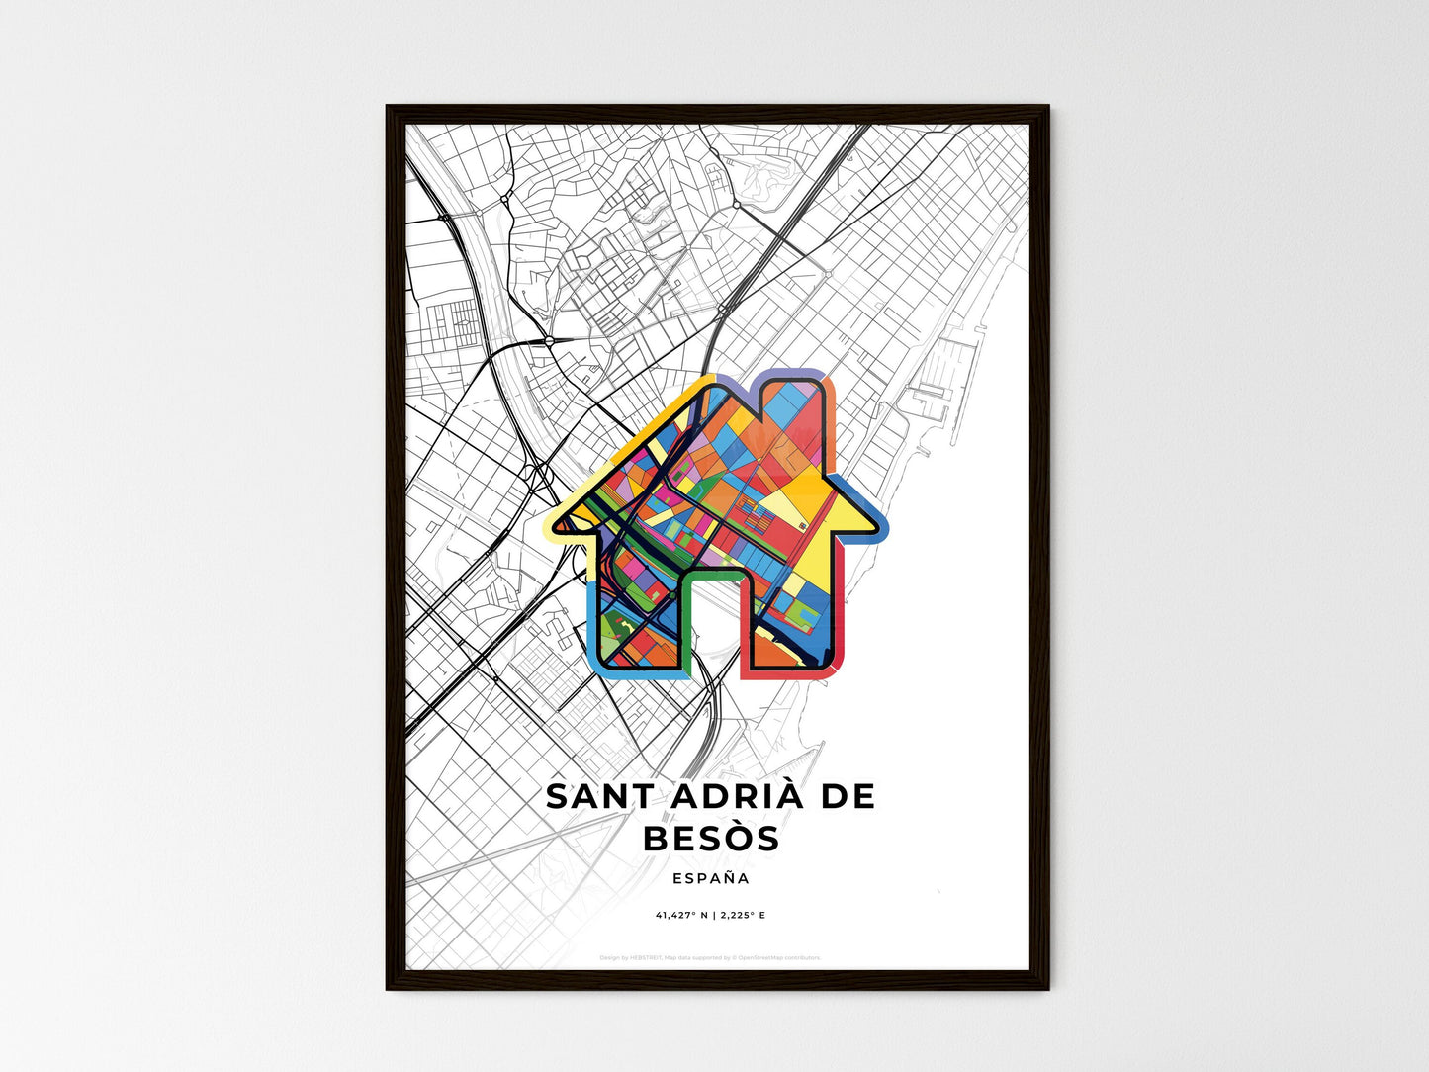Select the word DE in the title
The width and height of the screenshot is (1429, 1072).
coord(848,797)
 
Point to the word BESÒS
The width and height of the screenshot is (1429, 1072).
coord(711,839)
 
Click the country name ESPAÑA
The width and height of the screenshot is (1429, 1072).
coord(710,878)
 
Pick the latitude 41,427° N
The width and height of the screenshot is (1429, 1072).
coord(681,916)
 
